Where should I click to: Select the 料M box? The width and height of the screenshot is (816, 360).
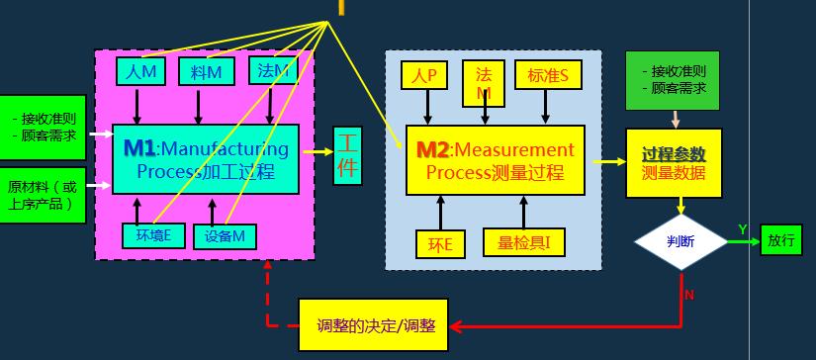(x=207, y=71)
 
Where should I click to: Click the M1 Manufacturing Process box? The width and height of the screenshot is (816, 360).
(x=205, y=158)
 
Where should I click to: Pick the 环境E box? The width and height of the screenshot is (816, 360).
(x=153, y=234)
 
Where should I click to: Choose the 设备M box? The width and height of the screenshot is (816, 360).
(x=225, y=235)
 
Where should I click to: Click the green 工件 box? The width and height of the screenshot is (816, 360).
(x=347, y=155)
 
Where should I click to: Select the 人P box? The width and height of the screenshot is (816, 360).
(x=424, y=75)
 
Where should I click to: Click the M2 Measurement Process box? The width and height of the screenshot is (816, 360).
(x=495, y=160)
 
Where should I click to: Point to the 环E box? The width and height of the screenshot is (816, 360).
(x=440, y=243)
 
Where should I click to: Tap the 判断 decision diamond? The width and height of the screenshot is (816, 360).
(x=680, y=240)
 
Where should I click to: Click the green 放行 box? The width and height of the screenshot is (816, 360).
(x=780, y=240)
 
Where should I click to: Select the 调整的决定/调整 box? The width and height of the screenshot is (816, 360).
(x=373, y=325)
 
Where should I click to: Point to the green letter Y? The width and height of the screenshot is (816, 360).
(x=742, y=229)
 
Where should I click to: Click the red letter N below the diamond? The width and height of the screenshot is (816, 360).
(x=689, y=295)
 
